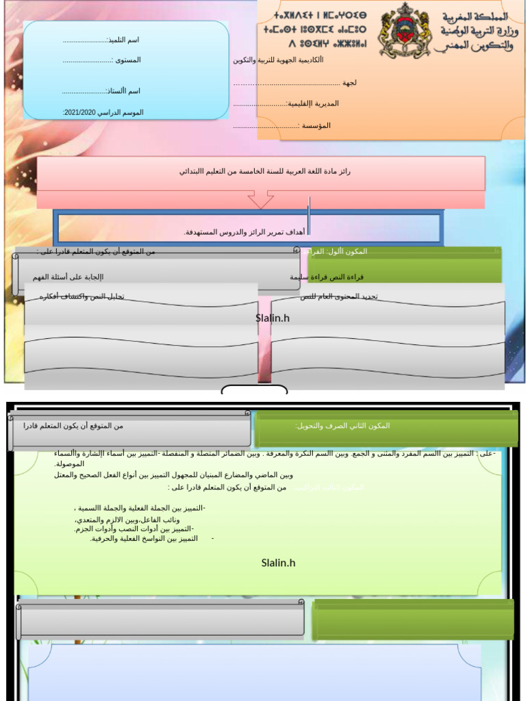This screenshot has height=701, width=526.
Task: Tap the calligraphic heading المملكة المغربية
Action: tap(475, 16)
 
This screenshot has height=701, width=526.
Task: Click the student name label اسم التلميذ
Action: tap(124, 40)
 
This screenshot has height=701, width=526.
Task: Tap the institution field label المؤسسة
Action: tap(316, 126)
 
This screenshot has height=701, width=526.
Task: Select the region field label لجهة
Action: tap(349, 83)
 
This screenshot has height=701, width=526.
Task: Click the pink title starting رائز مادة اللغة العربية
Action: tap(264, 171)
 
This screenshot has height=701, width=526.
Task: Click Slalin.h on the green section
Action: tap(278, 563)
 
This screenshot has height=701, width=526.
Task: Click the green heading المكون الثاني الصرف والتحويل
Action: tap(342, 426)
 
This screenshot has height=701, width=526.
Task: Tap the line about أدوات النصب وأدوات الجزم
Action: tap(134, 529)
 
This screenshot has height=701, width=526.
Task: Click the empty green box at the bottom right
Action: tap(413, 620)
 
